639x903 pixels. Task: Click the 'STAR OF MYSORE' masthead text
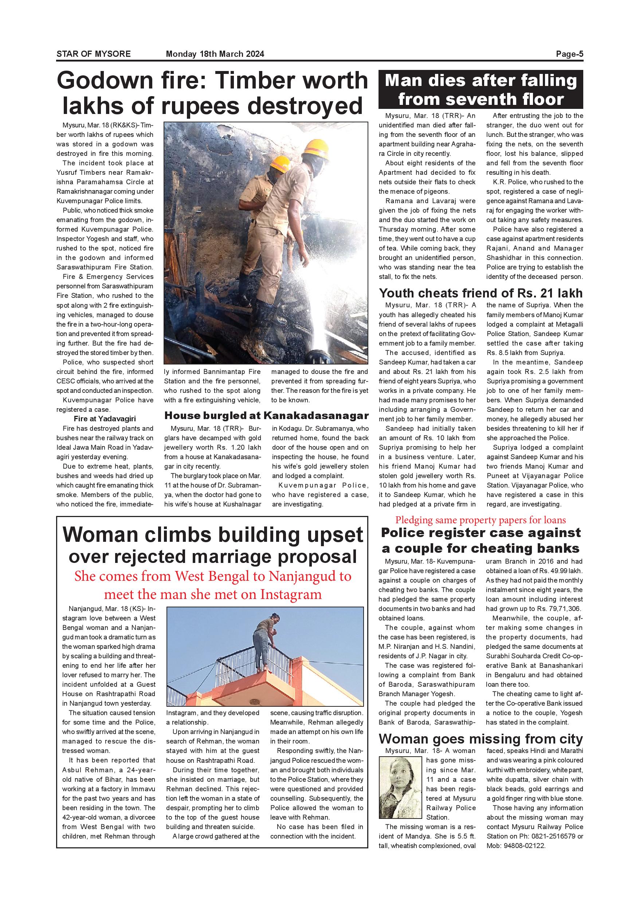(93, 54)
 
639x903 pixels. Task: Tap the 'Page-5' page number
(569, 54)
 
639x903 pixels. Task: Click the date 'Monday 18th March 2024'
(215, 54)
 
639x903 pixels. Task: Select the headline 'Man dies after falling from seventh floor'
(481, 90)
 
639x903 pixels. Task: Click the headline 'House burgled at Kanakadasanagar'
(266, 416)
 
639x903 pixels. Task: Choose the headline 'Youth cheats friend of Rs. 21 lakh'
(481, 293)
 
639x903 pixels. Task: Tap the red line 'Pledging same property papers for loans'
(481, 520)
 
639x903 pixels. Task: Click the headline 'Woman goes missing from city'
(481, 739)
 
